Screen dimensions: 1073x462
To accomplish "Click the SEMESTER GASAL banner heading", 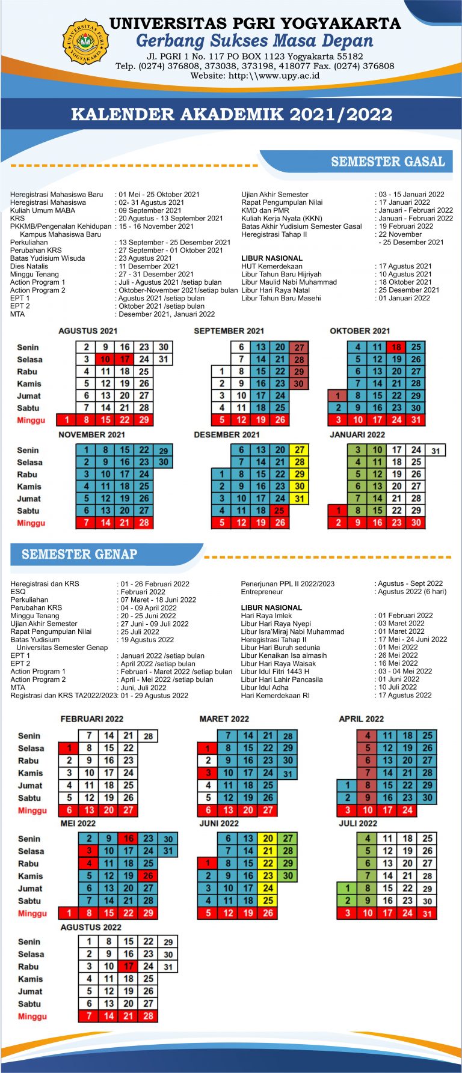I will tap(387, 162).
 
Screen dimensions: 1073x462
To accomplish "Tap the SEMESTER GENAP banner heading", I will tap(79, 554).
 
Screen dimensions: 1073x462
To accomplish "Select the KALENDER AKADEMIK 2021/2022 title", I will tap(232, 114).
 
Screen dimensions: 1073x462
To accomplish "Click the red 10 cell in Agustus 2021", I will tap(105, 359).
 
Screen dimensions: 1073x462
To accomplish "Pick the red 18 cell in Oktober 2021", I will tap(396, 347).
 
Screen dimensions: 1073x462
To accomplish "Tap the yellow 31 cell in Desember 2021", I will tap(299, 499).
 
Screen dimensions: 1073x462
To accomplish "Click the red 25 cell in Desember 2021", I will tap(280, 511).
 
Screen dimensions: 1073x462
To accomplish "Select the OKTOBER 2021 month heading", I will tap(360, 331).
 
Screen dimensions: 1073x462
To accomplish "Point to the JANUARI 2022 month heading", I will tap(357, 434).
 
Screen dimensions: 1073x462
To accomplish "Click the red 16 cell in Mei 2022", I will tap(129, 839).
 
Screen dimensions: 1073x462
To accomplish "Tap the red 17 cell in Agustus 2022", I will tap(128, 967).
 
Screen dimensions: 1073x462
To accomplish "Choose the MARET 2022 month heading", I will tap(224, 719).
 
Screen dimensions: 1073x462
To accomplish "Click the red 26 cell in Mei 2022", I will tap(148, 876).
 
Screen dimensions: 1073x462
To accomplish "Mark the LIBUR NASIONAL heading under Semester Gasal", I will tap(271, 258).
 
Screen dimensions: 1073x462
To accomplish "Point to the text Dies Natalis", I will tap(29, 266).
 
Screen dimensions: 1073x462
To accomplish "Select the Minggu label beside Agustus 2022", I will tap(32, 1017).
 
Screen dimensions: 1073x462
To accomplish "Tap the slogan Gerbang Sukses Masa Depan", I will tap(254, 41).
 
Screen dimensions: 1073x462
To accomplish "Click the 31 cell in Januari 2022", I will tap(436, 451).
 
